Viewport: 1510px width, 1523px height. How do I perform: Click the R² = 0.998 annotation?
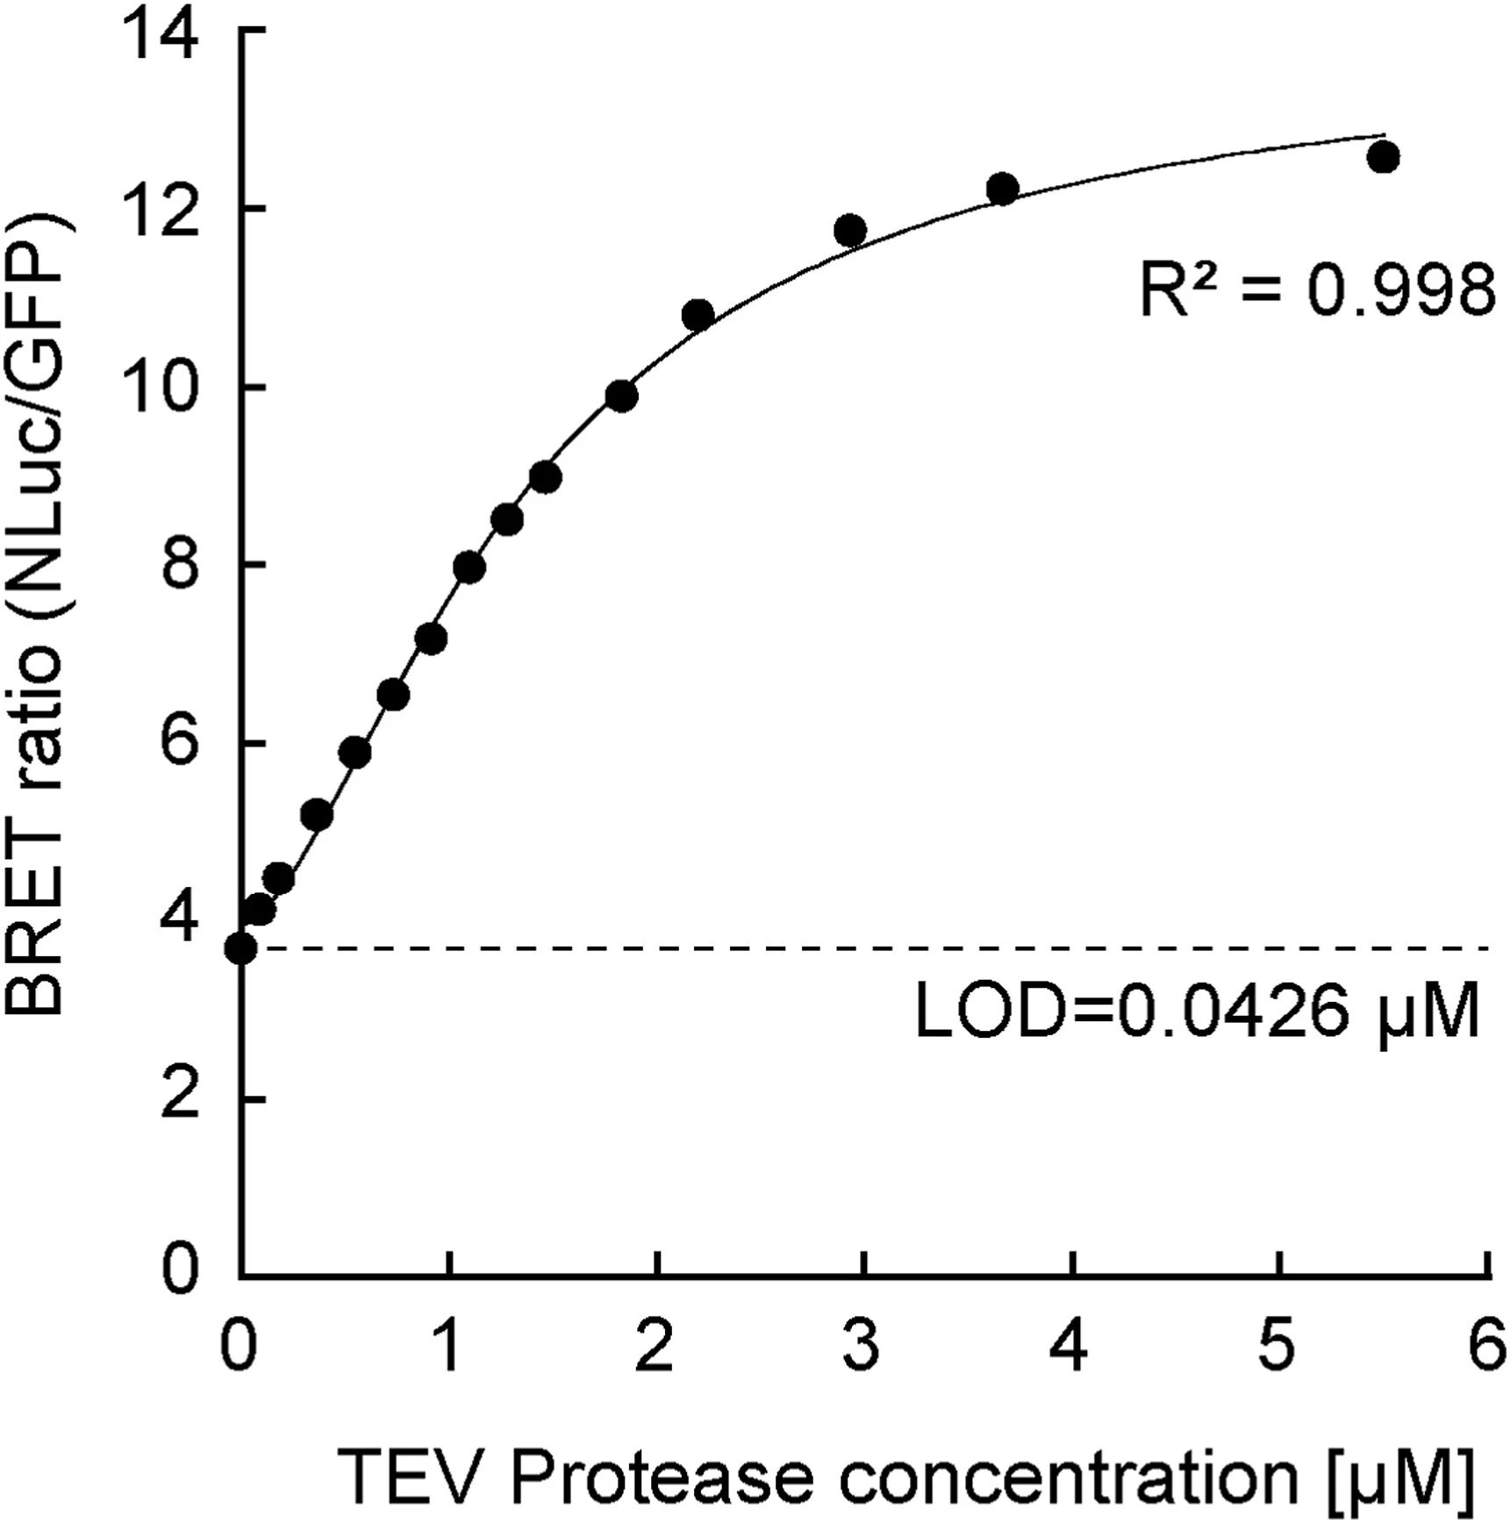tap(1316, 290)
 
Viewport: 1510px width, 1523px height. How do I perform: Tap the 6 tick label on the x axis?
tap(1487, 1346)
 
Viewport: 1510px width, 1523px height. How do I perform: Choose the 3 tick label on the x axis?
tap(862, 1346)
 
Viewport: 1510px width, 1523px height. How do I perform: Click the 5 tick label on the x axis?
tap(1277, 1346)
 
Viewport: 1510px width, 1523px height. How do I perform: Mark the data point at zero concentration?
tap(240, 948)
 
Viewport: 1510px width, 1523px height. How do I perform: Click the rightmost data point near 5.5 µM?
tap(1383, 158)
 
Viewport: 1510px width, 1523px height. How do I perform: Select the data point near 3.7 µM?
tap(1002, 189)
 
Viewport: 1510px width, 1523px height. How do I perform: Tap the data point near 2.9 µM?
tap(850, 232)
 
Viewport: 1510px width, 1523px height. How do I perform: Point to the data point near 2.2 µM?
tap(698, 314)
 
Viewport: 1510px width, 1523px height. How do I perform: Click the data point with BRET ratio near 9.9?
tap(621, 397)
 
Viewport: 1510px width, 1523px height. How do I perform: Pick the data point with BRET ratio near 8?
tap(469, 568)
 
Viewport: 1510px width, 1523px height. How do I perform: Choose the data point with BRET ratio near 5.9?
tap(354, 753)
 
